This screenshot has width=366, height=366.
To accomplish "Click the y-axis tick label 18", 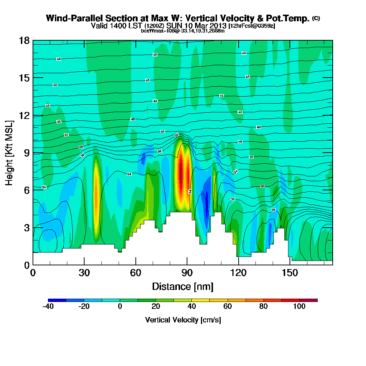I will [x=25, y=40].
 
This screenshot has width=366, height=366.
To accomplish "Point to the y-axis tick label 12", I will [x=25, y=115].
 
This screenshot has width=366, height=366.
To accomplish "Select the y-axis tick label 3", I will [x=27, y=228].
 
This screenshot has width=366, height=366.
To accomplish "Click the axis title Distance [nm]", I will [x=183, y=286].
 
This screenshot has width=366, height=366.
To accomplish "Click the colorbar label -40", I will [x=48, y=307].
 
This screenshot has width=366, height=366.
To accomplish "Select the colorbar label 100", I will [x=299, y=307].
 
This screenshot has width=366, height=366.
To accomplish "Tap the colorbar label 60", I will [x=228, y=307].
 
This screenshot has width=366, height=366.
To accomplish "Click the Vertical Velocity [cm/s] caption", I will [x=183, y=320].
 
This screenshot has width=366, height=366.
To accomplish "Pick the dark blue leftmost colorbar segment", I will [x=57, y=300].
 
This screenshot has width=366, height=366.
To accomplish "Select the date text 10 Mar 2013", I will [x=205, y=26].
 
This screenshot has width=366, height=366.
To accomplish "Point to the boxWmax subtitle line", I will [x=183, y=31].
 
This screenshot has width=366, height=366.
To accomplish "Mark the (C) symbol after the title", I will [x=316, y=18].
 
